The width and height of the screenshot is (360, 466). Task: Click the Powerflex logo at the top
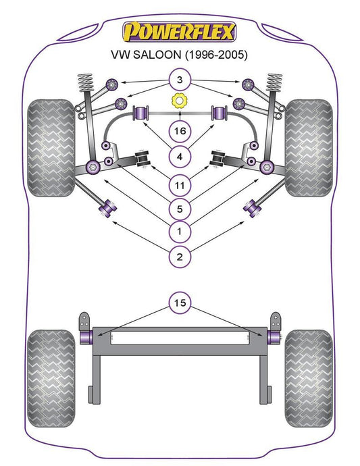tap(180, 32)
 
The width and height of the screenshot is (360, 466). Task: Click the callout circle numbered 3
tap(180, 80)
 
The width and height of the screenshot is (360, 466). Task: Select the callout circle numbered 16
tap(180, 131)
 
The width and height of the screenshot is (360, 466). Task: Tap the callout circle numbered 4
tap(180, 157)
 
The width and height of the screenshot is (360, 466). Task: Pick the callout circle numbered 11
tap(180, 186)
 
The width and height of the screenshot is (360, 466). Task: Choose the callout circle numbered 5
tap(180, 209)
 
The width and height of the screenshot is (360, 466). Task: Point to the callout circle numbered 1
tap(180, 231)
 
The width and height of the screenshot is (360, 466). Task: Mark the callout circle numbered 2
tap(180, 257)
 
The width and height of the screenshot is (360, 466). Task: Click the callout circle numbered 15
tap(180, 303)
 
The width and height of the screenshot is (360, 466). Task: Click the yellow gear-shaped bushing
tap(179, 101)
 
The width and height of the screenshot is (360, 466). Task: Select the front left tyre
tap(51, 148)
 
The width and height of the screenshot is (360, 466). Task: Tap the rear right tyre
tap(309, 378)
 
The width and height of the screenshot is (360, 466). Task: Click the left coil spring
tap(86, 82)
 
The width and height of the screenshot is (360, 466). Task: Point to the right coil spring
tap(274, 82)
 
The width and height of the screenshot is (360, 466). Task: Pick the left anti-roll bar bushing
tap(142, 113)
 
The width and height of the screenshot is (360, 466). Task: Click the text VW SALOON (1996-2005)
tap(179, 55)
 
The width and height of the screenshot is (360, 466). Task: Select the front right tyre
tap(309, 148)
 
